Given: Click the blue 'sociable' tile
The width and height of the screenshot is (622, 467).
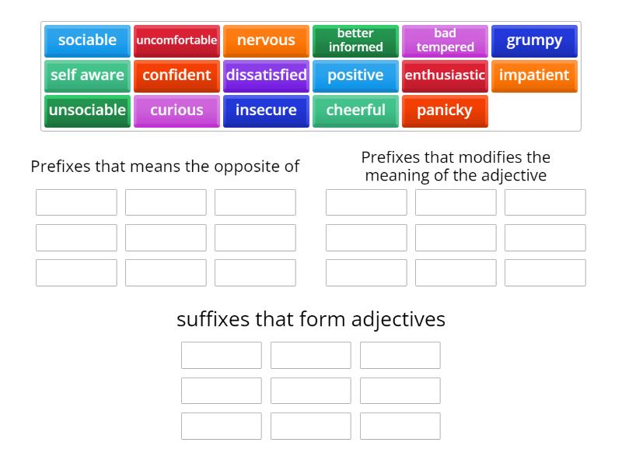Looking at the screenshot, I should [x=87, y=40].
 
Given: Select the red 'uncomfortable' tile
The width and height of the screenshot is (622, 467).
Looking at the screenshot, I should [x=176, y=40].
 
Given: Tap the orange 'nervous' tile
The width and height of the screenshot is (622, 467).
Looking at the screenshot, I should [x=266, y=40].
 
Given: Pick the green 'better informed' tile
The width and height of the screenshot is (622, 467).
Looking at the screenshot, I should [x=355, y=40].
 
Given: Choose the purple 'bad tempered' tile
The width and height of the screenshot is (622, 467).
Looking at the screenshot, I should [x=445, y=40].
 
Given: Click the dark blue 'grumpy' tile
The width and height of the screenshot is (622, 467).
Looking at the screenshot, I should [x=534, y=40].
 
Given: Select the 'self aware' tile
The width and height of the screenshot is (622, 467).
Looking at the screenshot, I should [x=87, y=75].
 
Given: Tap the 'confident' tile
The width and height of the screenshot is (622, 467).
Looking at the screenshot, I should [x=176, y=75].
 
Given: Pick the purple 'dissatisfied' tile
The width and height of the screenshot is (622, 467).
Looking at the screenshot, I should [x=266, y=75].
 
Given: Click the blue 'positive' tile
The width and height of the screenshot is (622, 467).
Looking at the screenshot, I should [x=355, y=75].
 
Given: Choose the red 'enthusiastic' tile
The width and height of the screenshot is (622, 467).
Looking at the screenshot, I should [x=445, y=75].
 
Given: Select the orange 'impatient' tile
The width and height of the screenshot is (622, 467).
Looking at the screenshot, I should [x=534, y=75].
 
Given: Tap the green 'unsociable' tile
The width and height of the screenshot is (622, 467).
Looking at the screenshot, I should [x=87, y=111].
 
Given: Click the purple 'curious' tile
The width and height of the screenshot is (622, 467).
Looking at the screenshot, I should [x=176, y=111].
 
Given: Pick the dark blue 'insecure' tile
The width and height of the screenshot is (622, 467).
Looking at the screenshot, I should [x=266, y=111].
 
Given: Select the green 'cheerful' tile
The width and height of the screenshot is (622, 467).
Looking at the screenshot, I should [x=355, y=111].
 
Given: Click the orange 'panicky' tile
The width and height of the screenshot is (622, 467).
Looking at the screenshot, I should [x=445, y=111].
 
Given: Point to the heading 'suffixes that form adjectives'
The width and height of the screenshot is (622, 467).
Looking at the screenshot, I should [x=311, y=319].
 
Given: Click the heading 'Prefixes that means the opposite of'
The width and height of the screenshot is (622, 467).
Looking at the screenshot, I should [x=165, y=167].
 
